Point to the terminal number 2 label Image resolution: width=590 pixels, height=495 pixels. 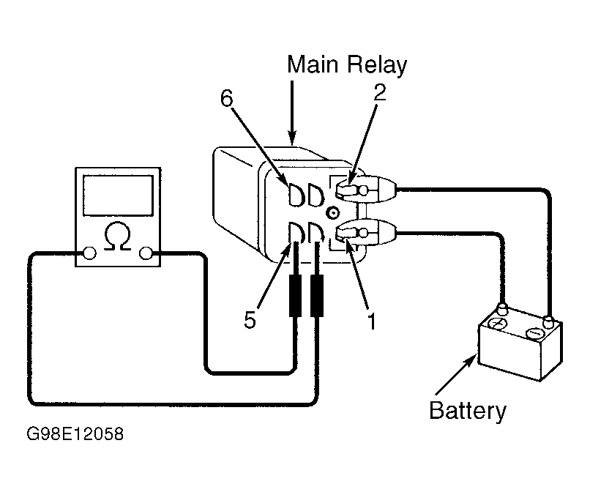tap(379, 93)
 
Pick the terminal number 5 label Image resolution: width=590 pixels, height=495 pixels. tap(250, 321)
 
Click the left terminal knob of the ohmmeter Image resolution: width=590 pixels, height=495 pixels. tap(89, 253)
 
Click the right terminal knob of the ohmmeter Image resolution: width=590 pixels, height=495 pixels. tap(146, 253)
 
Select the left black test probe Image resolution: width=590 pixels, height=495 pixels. tap(297, 297)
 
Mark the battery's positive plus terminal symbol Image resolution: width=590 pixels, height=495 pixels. tap(500, 324)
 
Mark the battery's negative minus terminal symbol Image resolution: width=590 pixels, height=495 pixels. tap(534, 333)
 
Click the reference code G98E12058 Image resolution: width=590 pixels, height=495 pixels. tap(75, 433)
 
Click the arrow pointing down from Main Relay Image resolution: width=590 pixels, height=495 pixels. tap(293, 110)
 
